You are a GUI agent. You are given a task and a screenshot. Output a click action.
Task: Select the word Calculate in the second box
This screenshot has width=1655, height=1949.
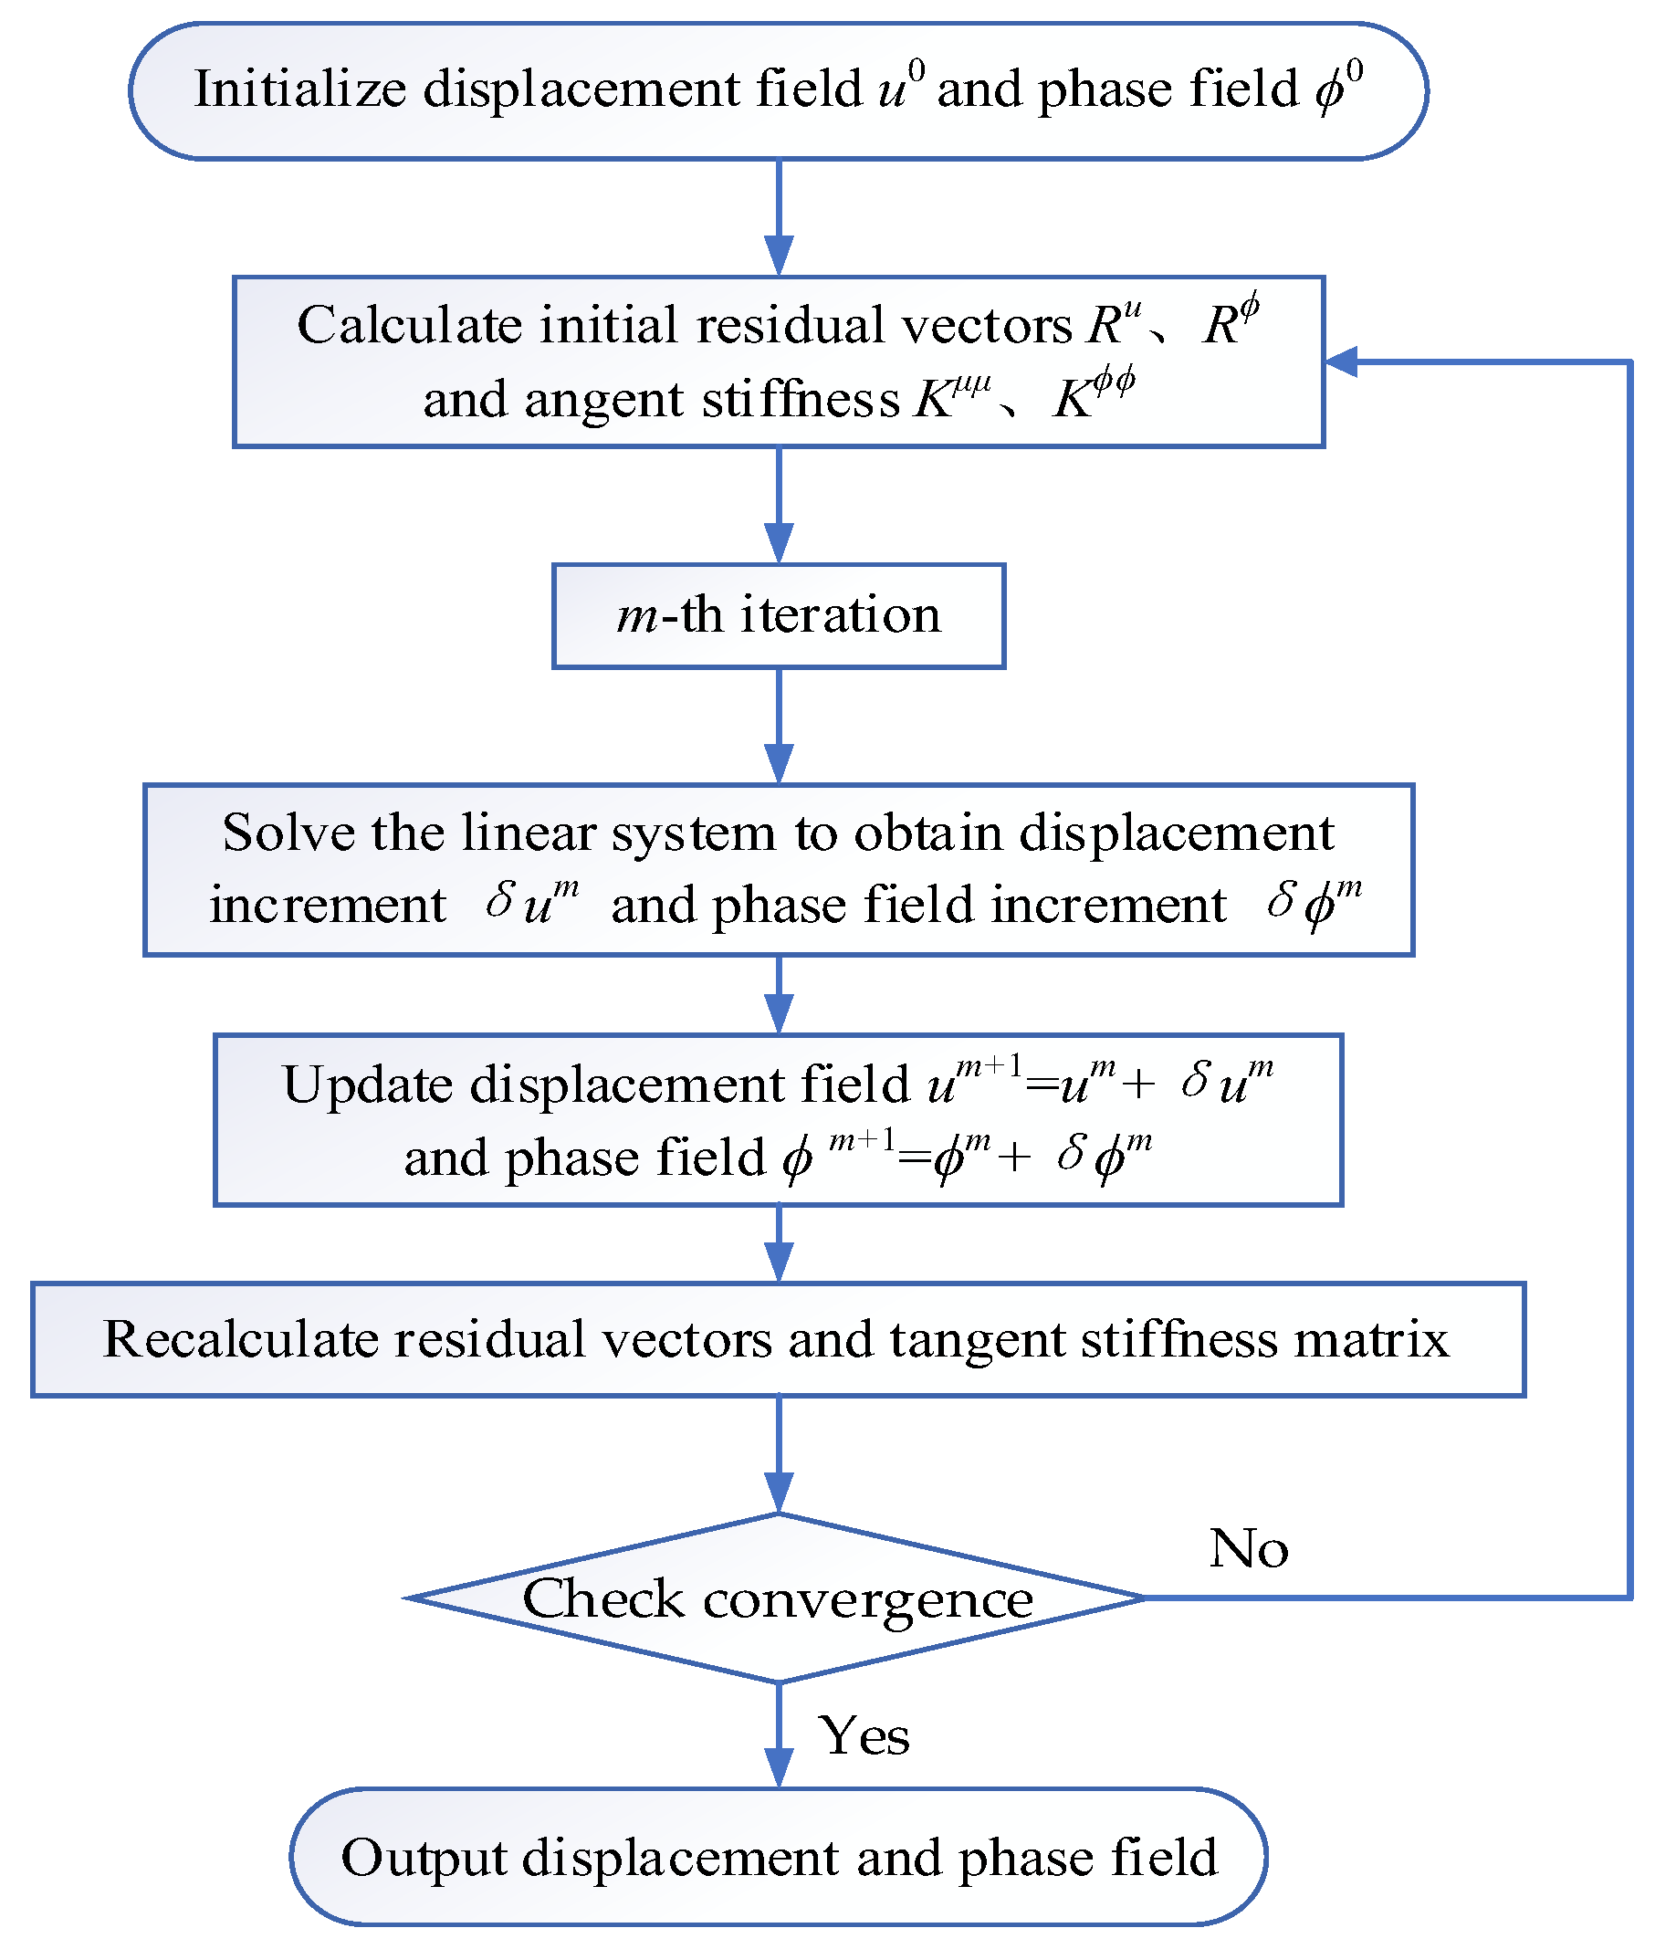pyautogui.click(x=409, y=326)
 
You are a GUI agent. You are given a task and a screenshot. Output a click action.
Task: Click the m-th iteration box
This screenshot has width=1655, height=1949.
pyautogui.click(x=778, y=615)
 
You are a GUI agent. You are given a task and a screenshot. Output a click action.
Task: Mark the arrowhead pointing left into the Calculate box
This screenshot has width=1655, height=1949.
pyautogui.click(x=1340, y=362)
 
